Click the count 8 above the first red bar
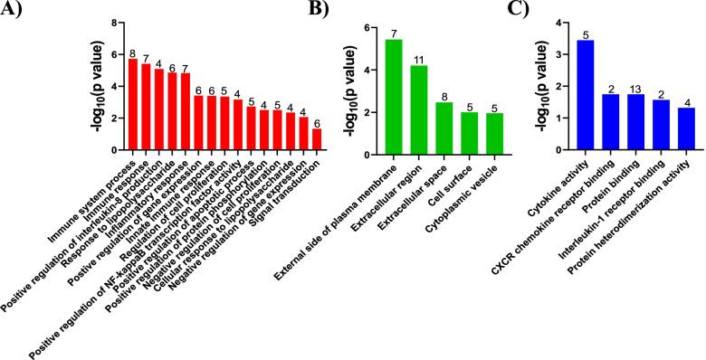pyautogui.click(x=133, y=53)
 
